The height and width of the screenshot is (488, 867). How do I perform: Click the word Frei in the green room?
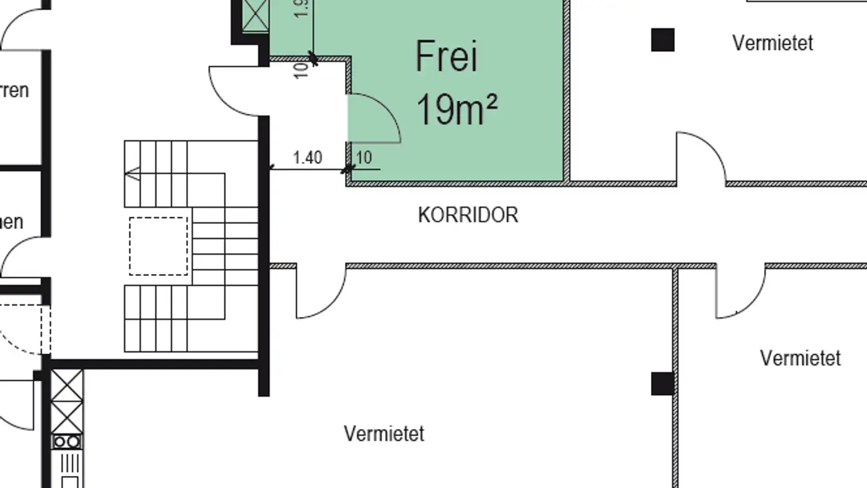(x=446, y=57)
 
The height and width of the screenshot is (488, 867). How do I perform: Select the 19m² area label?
(x=456, y=110)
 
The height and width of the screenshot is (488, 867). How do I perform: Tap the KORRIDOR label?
(x=468, y=215)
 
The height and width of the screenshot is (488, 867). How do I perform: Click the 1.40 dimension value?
(x=307, y=158)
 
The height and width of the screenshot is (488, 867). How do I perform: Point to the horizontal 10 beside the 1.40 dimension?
(x=364, y=158)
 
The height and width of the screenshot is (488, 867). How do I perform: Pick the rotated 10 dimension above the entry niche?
(x=302, y=69)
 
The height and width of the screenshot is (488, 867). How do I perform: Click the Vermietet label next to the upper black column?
(x=772, y=43)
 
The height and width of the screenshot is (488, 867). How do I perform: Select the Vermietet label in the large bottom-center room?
(x=384, y=433)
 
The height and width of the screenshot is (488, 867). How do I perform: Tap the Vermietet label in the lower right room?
(x=800, y=358)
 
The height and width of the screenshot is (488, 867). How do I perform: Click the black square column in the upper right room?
(x=663, y=40)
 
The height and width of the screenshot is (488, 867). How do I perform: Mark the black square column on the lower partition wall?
(x=662, y=384)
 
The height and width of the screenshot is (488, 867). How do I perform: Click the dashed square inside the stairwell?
(x=158, y=246)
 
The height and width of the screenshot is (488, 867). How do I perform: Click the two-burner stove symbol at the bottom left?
(x=67, y=443)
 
